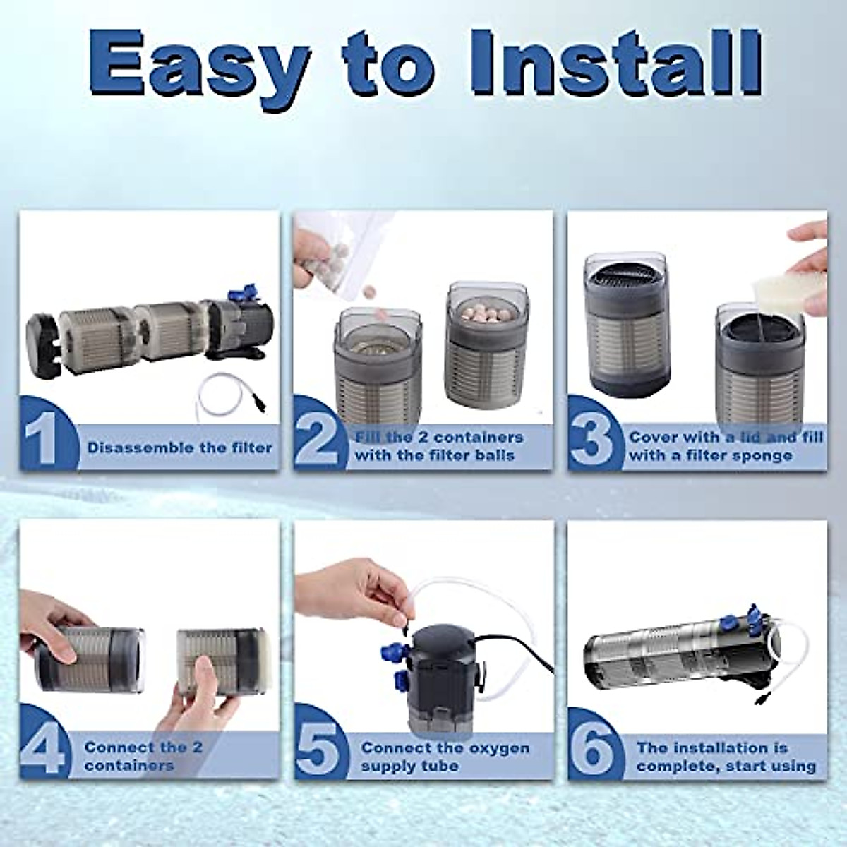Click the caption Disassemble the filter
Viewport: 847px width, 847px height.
click(179, 447)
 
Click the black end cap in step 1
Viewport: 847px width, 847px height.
click(42, 339)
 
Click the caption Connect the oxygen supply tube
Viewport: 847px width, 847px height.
click(445, 757)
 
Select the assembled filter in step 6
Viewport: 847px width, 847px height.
click(681, 653)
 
